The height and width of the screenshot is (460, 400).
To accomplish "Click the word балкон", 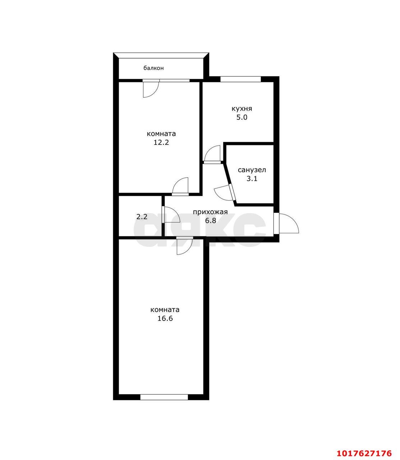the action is [153, 68].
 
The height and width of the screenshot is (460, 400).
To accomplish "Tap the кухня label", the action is [242, 109].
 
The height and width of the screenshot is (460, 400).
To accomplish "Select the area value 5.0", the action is [242, 118].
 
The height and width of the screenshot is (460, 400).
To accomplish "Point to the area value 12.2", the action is [161, 142].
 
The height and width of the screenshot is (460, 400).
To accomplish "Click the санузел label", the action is [252, 170].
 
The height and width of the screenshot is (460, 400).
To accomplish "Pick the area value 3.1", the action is [252, 179].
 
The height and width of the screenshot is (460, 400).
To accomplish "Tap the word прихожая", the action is [211, 212].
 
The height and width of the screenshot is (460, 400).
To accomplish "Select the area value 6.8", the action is [211, 221].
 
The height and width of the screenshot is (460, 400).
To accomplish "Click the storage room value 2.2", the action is [142, 217].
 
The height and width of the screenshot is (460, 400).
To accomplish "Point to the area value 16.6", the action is [165, 318].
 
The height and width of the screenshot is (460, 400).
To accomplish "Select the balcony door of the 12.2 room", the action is [151, 88].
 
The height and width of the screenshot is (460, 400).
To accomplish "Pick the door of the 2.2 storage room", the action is [171, 215].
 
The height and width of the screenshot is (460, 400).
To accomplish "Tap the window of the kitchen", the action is [240, 79].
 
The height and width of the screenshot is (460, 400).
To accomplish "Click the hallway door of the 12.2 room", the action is [180, 186].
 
